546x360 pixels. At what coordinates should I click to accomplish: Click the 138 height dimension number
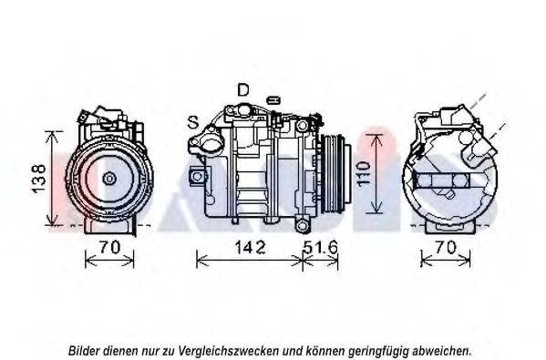pos(39,179)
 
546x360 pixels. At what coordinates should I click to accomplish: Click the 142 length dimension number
pos(251,247)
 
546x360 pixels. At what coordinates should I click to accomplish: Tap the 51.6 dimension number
pos(320,247)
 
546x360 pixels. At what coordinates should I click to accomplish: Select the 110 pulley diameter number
pos(364,174)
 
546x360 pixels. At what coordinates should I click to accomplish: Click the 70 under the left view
pos(109,247)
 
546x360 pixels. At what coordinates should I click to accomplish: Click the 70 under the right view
pos(446,248)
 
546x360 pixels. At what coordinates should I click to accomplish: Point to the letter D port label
pos(243,90)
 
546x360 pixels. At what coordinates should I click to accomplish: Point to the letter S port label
pos(193,122)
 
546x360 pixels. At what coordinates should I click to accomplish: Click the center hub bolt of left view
pos(109,179)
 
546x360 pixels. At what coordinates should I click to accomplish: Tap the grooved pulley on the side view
pos(335,174)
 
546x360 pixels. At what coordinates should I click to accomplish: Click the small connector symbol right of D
pos(273,100)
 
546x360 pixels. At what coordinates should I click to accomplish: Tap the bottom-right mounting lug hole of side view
pos(303,226)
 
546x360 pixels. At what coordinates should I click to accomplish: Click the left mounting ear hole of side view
pos(198,176)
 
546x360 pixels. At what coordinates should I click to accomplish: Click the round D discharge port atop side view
pos(243,109)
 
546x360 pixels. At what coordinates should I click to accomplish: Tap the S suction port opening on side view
pos(211,143)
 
